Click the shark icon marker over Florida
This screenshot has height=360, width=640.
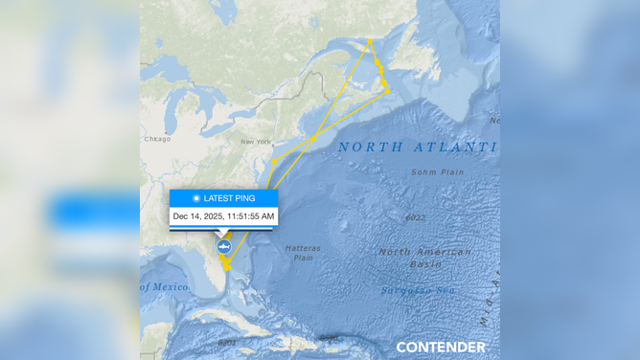(223, 247)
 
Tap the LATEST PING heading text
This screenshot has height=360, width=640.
(229, 198)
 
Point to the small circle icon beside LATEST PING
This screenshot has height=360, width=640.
(196, 198)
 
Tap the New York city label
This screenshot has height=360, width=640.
(256, 142)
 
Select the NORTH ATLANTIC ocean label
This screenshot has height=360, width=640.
(417, 147)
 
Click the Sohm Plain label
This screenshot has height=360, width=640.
(437, 172)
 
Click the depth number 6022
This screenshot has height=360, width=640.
(415, 217)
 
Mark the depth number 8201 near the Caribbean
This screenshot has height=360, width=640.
(226, 342)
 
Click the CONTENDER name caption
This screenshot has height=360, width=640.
(441, 347)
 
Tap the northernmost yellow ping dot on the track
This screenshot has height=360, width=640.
(370, 41)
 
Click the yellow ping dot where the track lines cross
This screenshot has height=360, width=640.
(313, 139)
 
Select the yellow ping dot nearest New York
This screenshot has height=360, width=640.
(274, 161)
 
